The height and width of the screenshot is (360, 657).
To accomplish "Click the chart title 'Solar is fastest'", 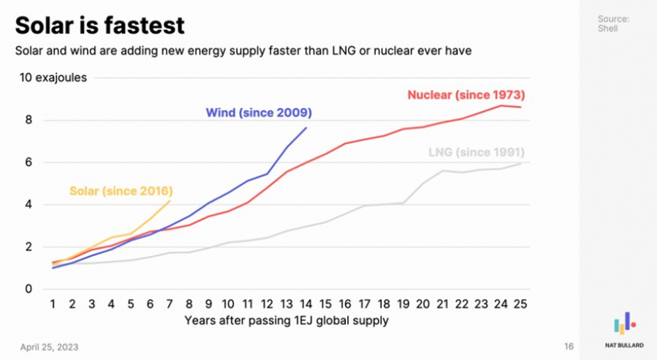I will (100, 25).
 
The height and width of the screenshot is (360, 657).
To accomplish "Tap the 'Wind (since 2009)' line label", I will (258, 112).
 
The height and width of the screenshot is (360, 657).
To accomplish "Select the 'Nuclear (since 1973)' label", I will (466, 95).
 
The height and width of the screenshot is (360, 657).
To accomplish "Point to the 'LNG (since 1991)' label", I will (476, 152).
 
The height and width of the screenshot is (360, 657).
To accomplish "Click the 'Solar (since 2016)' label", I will (121, 190).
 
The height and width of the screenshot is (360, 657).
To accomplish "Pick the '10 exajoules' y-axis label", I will (53, 77).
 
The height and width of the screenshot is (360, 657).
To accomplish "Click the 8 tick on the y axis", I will (29, 120).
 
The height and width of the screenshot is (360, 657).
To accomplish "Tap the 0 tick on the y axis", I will (29, 289).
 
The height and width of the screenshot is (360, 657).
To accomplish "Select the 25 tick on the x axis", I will (520, 304).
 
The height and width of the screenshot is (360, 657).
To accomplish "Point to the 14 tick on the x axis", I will (305, 304).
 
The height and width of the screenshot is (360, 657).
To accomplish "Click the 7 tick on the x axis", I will (169, 304).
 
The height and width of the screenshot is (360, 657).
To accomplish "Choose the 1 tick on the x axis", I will (53, 304).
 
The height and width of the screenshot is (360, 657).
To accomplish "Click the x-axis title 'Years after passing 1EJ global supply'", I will (287, 321).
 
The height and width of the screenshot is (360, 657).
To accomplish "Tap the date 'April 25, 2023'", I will (50, 347).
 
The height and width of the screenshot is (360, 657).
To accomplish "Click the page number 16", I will (568, 347).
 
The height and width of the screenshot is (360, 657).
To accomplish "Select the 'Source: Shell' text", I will (614, 24).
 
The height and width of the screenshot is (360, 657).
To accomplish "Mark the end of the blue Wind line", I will (305, 128).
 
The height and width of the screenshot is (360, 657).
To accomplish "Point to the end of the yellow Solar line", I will (169, 201).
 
